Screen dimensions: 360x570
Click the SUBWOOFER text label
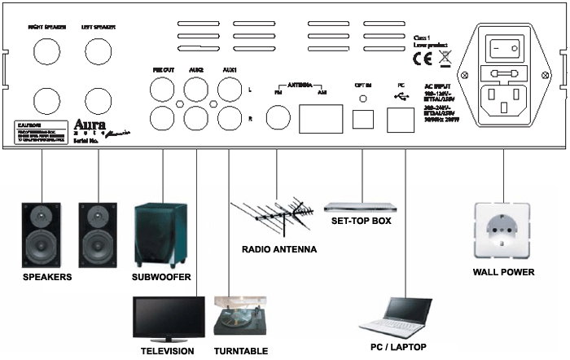pos(161,278)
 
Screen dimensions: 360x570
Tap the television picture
pos(169,319)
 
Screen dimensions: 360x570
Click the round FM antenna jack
pos(278,118)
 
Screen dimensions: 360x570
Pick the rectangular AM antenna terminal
pos(321,119)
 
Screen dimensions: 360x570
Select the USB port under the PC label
pos(400,120)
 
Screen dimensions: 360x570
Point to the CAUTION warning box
pos(41,133)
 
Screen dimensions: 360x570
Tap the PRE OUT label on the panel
pos(163,71)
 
